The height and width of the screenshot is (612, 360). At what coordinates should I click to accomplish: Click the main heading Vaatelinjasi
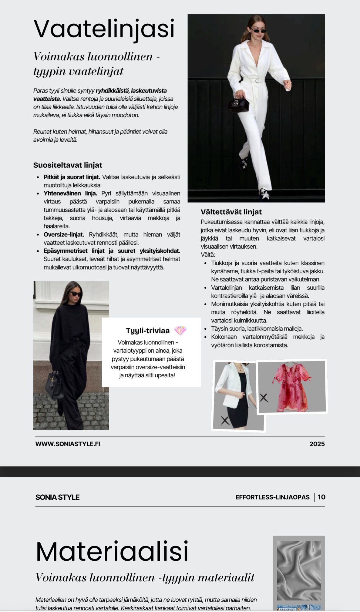pos(104,29)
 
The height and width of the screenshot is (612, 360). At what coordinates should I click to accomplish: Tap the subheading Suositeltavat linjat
pos(68,165)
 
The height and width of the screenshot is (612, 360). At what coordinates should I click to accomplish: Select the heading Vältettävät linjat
pos(231,212)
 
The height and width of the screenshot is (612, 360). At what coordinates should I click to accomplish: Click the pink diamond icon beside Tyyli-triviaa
pos(180,331)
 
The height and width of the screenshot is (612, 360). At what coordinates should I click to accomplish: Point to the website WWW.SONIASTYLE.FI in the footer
pos(68,444)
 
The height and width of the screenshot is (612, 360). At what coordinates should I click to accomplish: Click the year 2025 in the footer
pos(317,444)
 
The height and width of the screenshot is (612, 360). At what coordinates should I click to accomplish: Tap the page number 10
pos(321,497)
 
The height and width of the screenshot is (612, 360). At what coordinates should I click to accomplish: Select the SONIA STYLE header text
pos(57,497)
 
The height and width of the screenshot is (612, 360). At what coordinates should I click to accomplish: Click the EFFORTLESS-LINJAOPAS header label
pos(272,497)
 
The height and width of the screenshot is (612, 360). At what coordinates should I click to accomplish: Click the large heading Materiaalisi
pos(112,551)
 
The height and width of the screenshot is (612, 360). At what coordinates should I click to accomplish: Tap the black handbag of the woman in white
pos(239,105)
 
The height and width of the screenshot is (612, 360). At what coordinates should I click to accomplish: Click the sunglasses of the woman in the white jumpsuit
pos(258,31)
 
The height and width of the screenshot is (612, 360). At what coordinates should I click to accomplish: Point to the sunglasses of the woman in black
pos(76,294)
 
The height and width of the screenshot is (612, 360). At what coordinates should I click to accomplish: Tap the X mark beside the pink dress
pos(264,397)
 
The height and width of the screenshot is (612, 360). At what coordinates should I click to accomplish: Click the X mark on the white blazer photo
pos(225,420)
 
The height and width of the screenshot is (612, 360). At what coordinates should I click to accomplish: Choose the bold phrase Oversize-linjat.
pos(64,234)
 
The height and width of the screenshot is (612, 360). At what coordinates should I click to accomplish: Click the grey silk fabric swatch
pos(299,570)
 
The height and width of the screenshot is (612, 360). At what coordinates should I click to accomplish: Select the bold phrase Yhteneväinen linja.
pos(70,193)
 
